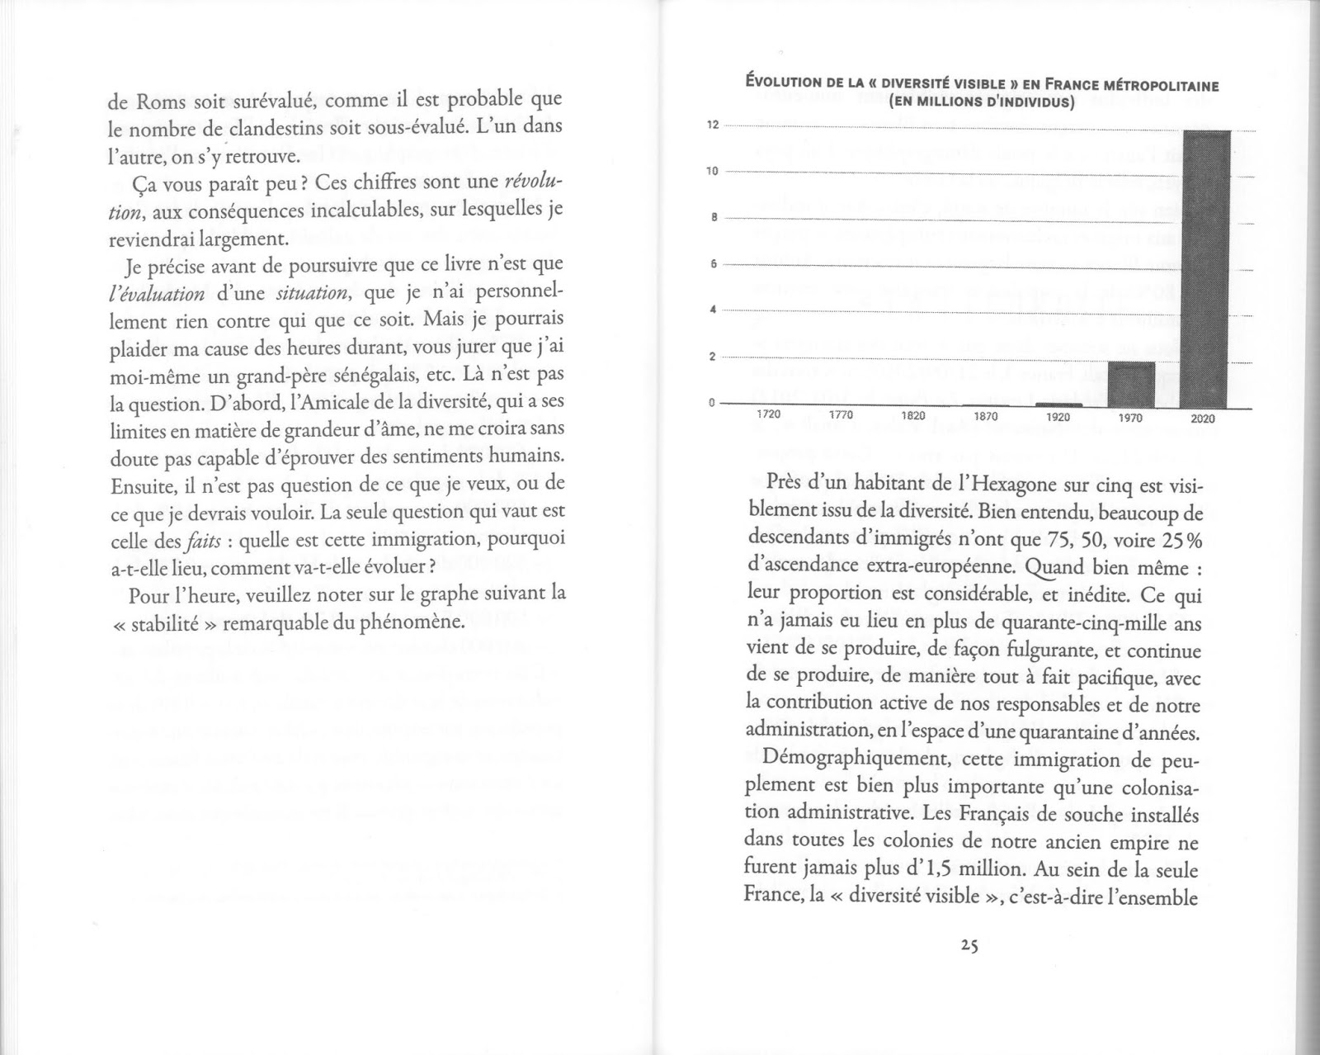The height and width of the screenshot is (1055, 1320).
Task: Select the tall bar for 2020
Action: tap(1207, 268)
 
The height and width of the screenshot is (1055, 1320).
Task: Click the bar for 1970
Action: tap(1130, 384)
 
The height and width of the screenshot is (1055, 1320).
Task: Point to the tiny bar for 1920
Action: tap(1058, 404)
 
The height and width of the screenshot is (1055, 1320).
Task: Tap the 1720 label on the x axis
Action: tap(767, 415)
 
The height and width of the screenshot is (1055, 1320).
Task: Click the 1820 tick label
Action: tap(913, 417)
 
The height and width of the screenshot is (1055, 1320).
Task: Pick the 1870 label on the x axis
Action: tap(986, 417)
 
